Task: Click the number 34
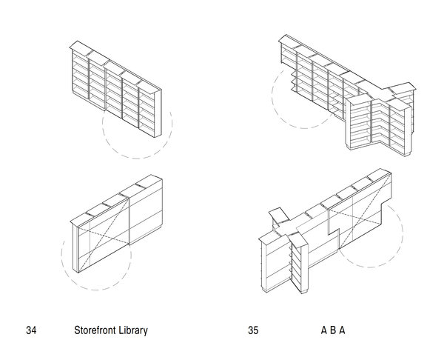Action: coord(30,330)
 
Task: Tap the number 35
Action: coord(254,330)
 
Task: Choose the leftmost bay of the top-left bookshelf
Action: coord(79,70)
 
